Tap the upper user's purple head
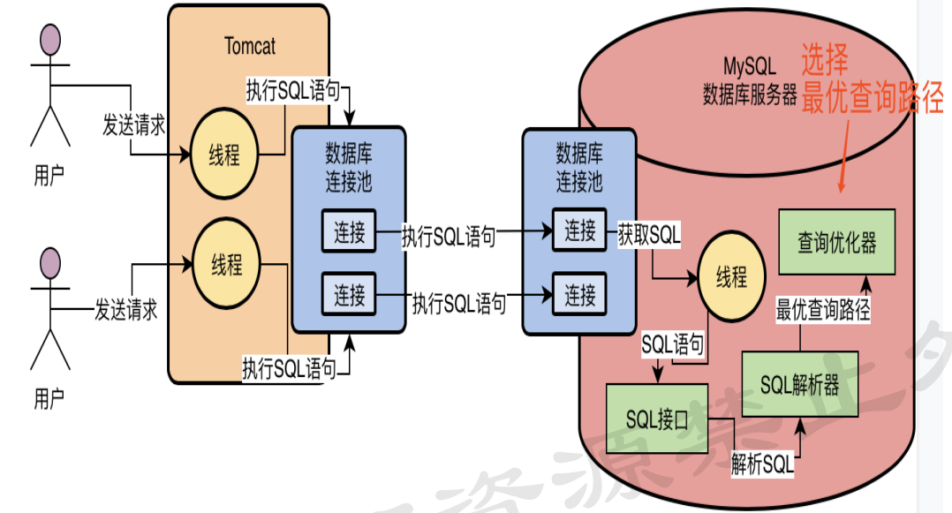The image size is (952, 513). (x=50, y=39)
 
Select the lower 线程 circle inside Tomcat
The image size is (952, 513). (x=227, y=265)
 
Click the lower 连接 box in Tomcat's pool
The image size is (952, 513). (x=350, y=294)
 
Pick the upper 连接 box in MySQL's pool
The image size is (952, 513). (x=580, y=231)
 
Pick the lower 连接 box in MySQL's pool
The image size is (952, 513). (x=580, y=293)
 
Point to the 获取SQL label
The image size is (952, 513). (x=649, y=235)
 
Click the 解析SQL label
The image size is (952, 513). (x=762, y=464)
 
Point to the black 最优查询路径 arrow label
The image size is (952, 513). (x=823, y=310)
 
